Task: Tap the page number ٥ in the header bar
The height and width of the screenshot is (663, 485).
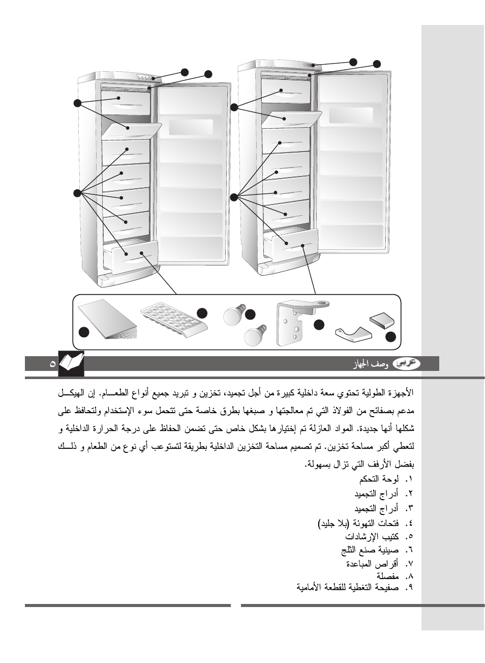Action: point(52,364)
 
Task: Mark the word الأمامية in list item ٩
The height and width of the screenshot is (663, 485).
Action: point(312,588)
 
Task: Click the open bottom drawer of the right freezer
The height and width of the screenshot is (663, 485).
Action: point(292,243)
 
